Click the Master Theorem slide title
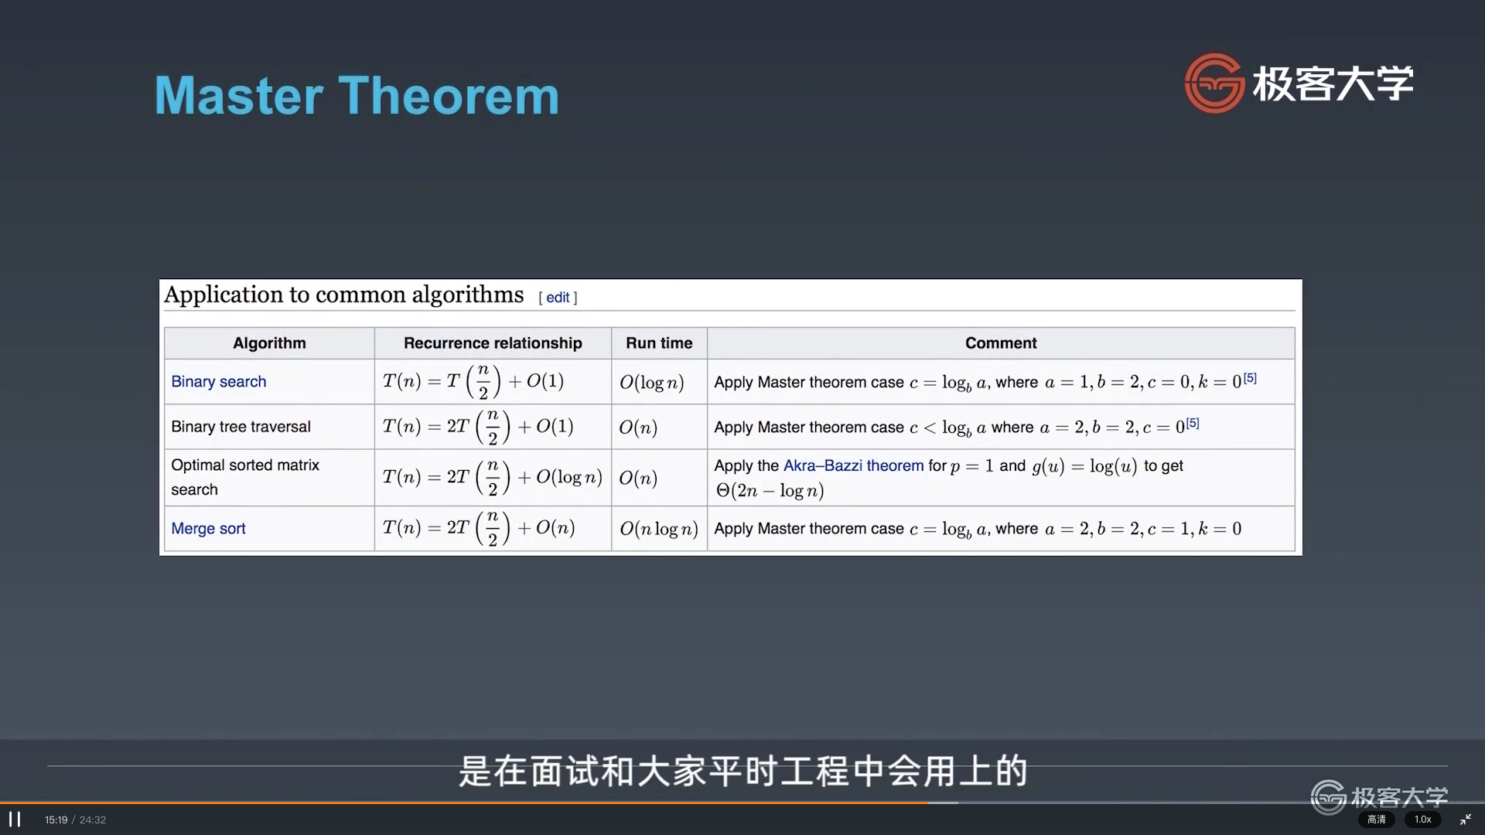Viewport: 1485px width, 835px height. [357, 95]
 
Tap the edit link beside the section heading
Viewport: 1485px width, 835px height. [558, 298]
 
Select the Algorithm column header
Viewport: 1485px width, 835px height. [269, 343]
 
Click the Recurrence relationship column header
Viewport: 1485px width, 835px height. [493, 343]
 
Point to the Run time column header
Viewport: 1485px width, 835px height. [659, 343]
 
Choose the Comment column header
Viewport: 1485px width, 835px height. [1001, 343]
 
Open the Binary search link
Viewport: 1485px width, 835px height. [219, 382]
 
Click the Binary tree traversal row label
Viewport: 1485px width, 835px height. [241, 427]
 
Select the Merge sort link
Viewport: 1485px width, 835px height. [208, 529]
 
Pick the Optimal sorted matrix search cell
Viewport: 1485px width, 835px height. [245, 477]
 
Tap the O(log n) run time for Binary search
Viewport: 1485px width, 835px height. [652, 382]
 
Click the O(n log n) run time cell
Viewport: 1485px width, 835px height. [659, 529]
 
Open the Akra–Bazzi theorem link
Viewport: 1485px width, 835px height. [854, 465]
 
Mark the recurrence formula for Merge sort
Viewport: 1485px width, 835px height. [479, 529]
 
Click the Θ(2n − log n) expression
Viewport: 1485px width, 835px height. [770, 490]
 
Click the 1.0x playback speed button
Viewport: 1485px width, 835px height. [1423, 820]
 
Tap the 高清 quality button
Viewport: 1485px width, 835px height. [1377, 820]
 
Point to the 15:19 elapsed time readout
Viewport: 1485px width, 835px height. [56, 820]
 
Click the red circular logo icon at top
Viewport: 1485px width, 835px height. [1214, 83]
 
